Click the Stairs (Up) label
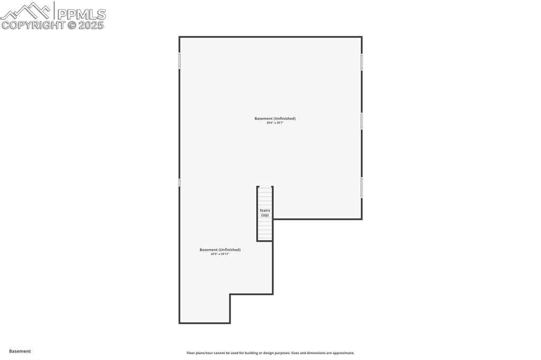(x=265, y=213)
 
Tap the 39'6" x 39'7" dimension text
(x=275, y=123)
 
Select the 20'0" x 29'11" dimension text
(x=220, y=254)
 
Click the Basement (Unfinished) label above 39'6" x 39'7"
(x=275, y=118)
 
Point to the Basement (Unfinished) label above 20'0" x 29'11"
(x=220, y=250)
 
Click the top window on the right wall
(x=362, y=62)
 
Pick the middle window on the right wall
(x=362, y=121)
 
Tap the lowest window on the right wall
(x=362, y=187)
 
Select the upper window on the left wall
(x=179, y=61)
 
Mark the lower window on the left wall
(x=179, y=182)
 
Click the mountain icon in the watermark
(x=26, y=11)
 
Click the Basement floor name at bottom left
(x=20, y=351)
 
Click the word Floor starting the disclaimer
(x=191, y=353)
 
